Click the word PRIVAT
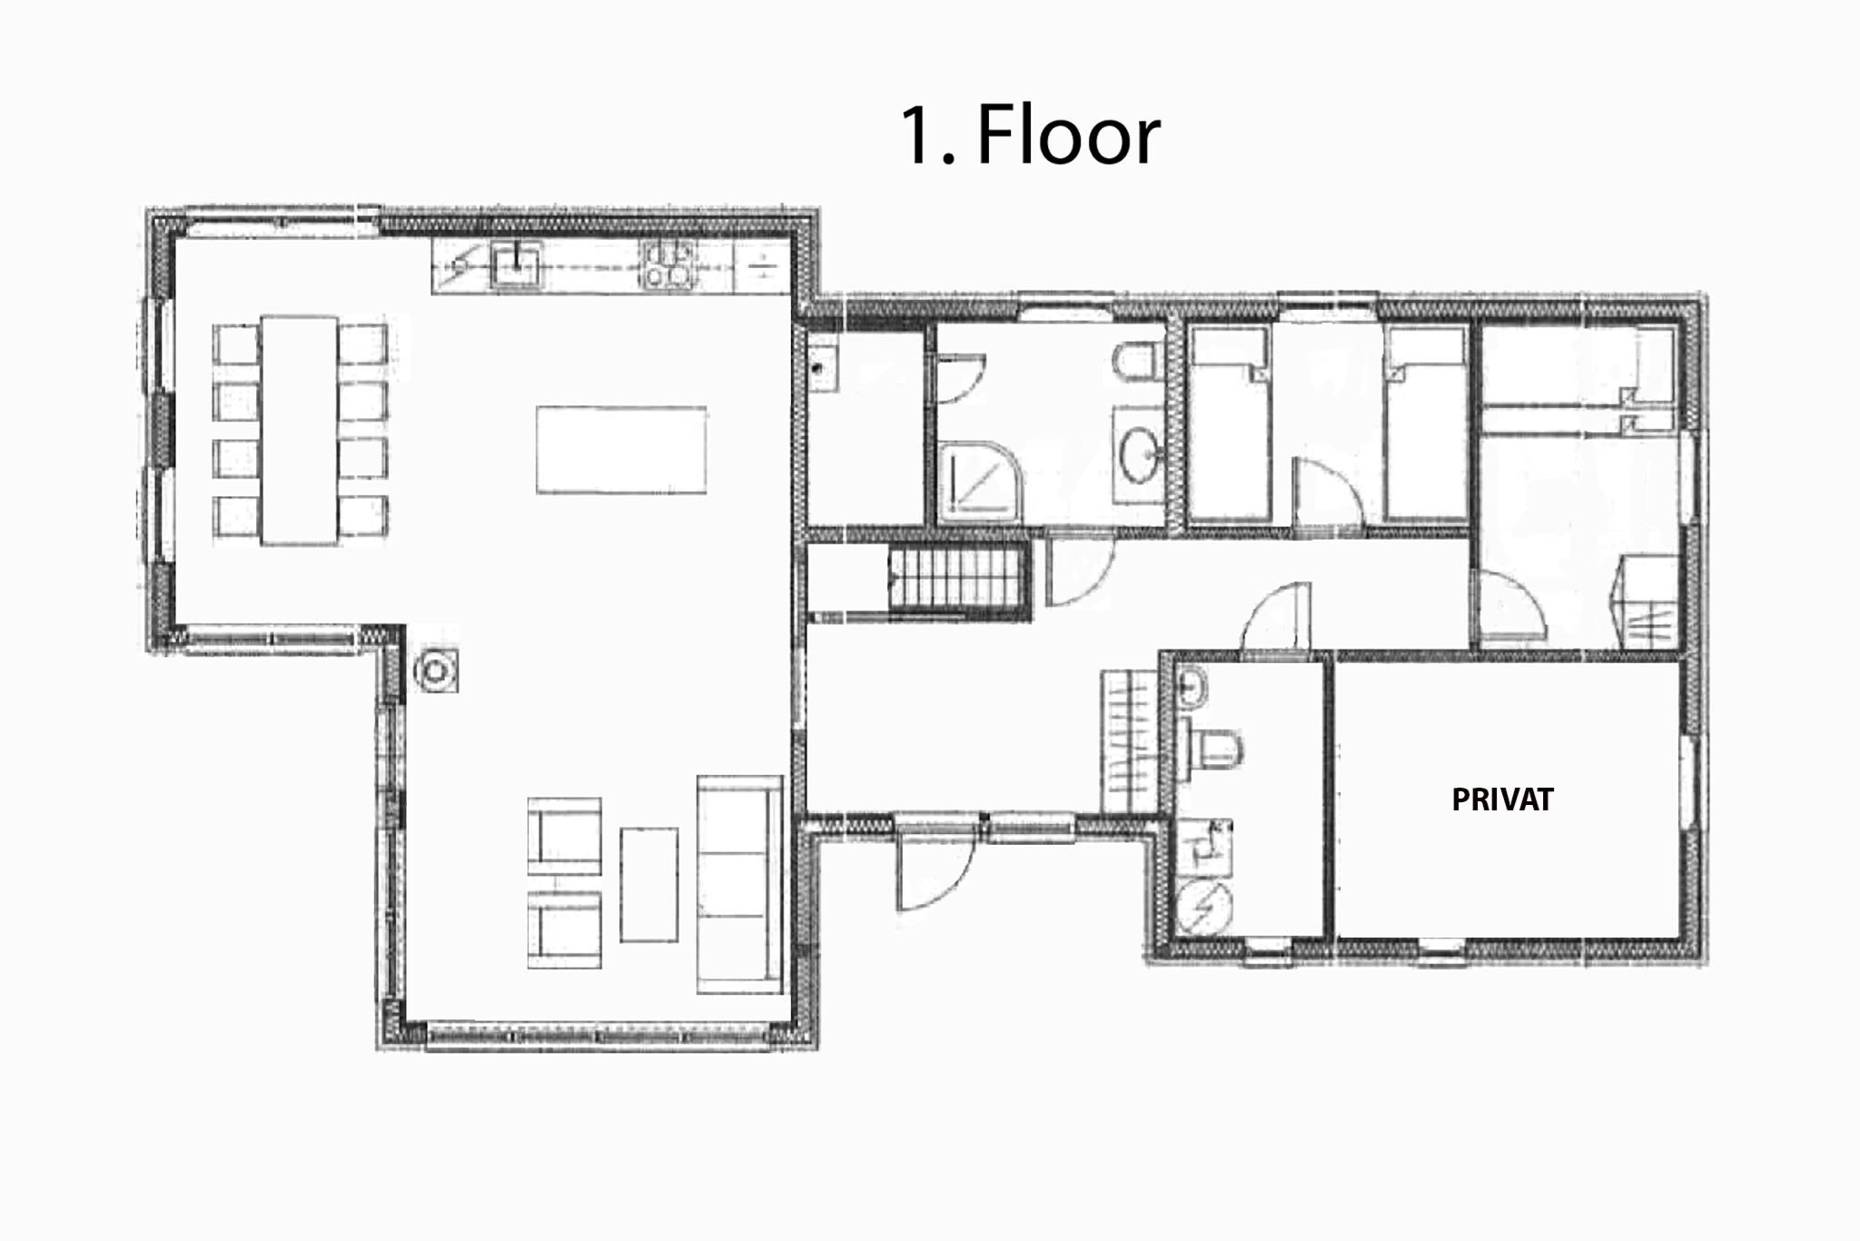[x=1502, y=799]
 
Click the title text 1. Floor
[x=1030, y=134]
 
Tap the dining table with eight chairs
[x=299, y=430]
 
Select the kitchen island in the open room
[x=621, y=450]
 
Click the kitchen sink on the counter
[x=516, y=266]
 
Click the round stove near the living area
[x=436, y=670]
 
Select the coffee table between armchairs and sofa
[x=648, y=884]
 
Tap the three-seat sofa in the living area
[x=739, y=884]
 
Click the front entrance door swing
[x=935, y=868]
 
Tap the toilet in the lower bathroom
[x=1211, y=750]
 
